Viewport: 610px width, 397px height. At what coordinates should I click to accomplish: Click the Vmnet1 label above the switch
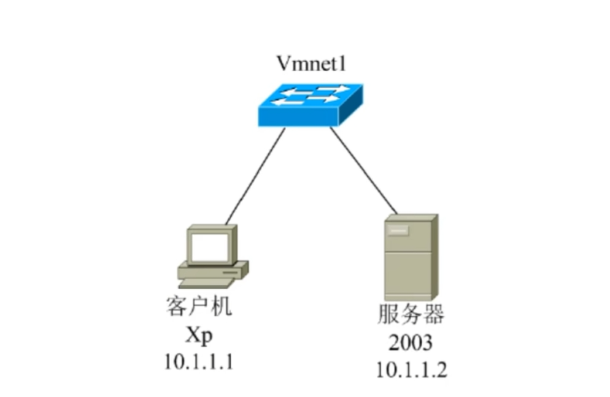point(310,64)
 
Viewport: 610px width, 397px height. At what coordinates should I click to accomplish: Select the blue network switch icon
point(311,105)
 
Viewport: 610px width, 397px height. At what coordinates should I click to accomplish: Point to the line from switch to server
point(364,171)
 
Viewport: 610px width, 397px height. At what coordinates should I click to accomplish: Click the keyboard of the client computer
point(206,282)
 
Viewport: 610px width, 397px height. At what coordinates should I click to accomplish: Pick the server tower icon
point(410,257)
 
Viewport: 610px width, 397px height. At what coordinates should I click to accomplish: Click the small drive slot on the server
point(398,230)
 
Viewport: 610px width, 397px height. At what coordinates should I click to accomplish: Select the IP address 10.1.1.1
point(198,361)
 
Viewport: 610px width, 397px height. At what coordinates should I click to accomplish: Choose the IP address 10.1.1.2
point(411,369)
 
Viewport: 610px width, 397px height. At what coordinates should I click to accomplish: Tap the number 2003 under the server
point(410,343)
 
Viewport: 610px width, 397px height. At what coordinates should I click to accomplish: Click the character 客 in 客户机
point(176,306)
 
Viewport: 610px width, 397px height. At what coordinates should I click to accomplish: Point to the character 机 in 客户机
point(221,306)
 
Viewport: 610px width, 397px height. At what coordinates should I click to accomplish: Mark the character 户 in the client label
point(198,306)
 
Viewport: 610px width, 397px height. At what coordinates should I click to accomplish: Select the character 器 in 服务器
point(433,315)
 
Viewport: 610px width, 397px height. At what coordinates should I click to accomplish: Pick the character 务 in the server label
point(410,315)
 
